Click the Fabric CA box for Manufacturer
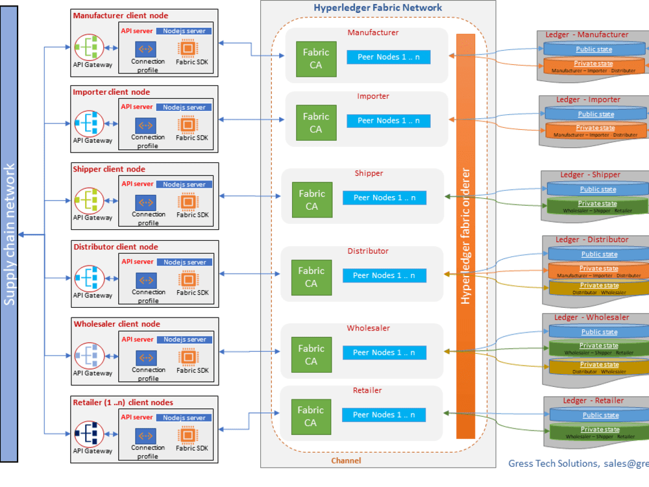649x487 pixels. (316, 58)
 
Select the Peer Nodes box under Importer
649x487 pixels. (388, 121)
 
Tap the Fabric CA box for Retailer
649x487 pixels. (311, 416)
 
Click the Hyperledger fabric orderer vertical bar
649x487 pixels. (465, 236)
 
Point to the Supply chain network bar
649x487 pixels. (9, 234)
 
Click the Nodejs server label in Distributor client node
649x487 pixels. (184, 262)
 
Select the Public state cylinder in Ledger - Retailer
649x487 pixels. (600, 416)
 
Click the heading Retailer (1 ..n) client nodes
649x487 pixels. (123, 403)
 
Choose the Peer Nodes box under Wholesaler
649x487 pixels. (384, 353)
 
